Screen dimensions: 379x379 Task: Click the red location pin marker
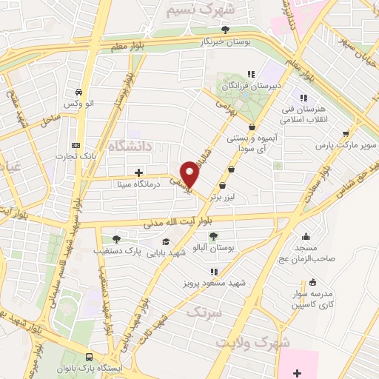coord(189,173)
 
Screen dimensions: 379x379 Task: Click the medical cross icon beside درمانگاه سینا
coord(138,172)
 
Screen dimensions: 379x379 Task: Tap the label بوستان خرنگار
coord(225,42)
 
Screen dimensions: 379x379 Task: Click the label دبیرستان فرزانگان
coord(251,85)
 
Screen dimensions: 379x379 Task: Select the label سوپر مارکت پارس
coord(353,145)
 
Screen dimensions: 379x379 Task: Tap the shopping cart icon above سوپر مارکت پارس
coord(346,133)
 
